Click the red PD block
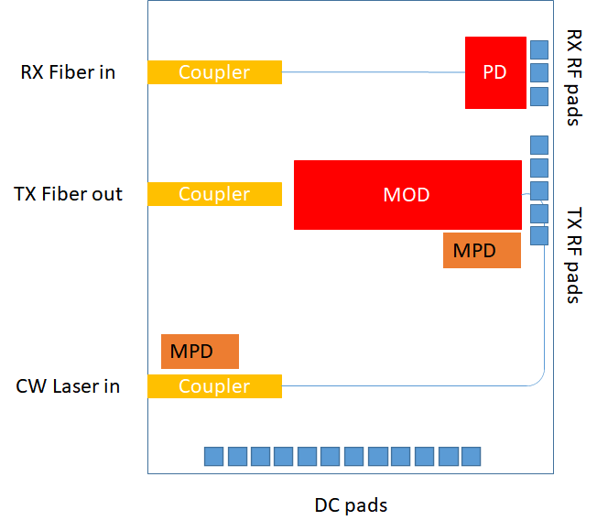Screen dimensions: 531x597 point(495,72)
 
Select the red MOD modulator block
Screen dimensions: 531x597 point(407,194)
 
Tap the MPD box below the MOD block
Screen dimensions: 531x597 point(482,250)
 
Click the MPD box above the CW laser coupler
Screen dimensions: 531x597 point(200,352)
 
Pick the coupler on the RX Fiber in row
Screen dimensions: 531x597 point(214,72)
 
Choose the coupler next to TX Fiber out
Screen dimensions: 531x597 point(214,194)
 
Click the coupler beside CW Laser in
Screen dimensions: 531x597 point(214,386)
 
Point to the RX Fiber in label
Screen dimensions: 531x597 point(68,72)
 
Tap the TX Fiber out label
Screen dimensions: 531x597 point(68,194)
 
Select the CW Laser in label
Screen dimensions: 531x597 point(68,386)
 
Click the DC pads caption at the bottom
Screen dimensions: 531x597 point(351,505)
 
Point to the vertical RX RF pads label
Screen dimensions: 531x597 point(574,78)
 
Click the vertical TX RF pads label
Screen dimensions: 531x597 point(574,256)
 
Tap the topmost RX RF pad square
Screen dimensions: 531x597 point(539,49)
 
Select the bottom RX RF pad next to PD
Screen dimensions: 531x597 point(539,96)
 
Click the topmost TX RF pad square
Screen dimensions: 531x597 point(539,145)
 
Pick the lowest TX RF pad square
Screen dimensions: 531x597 point(539,236)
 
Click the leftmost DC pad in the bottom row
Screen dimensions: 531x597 point(213,456)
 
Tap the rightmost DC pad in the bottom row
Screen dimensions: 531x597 point(471,456)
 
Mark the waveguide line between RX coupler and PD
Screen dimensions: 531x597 point(373,72)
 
